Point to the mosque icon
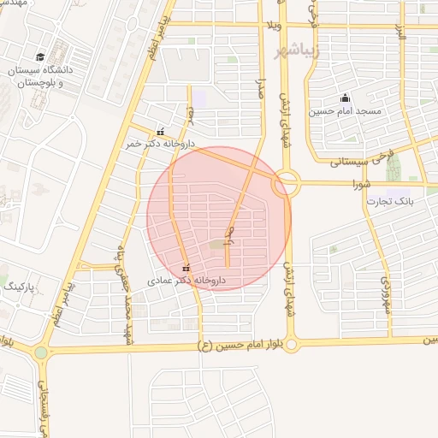345,97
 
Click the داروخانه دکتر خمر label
162,145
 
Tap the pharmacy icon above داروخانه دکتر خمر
160,132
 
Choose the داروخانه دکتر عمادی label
186,280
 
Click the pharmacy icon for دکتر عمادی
186,268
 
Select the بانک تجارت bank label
390,201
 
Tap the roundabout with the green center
41,352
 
